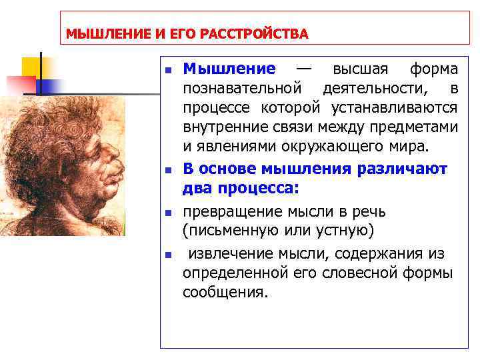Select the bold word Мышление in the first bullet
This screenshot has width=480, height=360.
pos(229,69)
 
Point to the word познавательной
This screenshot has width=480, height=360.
pos(243,89)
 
